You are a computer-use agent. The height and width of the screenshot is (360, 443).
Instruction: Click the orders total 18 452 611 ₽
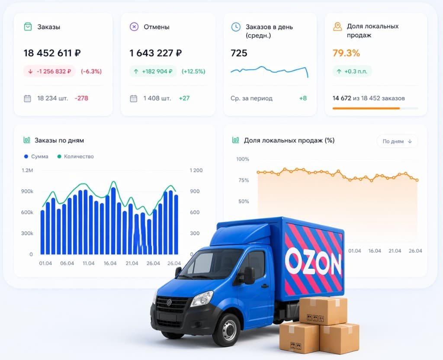tap(52, 53)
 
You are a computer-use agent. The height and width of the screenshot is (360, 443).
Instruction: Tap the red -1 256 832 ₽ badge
tap(50, 71)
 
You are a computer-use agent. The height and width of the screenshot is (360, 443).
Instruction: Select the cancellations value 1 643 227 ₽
tap(156, 53)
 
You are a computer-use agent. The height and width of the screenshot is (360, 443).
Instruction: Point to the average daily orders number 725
tap(239, 53)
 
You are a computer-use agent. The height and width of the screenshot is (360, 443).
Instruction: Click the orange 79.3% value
tap(346, 53)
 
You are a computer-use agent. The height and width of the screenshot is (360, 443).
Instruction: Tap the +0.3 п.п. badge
tap(352, 71)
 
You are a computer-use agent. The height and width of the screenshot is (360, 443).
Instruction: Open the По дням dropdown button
tap(397, 141)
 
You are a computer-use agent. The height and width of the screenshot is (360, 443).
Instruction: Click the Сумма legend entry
tap(36, 156)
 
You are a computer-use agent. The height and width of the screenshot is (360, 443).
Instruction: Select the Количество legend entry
tap(75, 156)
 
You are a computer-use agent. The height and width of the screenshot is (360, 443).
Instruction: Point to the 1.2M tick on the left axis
tap(27, 170)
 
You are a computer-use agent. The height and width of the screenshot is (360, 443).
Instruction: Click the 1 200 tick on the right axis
tap(196, 170)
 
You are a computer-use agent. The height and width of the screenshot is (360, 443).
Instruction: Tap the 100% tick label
tap(243, 159)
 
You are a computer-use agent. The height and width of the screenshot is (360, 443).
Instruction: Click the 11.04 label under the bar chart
tap(88, 263)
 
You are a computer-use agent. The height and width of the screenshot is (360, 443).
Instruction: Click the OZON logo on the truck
tap(313, 261)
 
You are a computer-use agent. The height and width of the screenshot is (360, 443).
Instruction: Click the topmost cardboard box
tap(323, 310)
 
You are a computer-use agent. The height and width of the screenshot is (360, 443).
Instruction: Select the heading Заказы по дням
tap(59, 140)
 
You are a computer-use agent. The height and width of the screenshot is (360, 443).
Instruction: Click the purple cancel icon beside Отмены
tap(134, 27)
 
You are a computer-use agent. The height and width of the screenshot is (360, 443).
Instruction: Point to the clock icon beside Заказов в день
tap(235, 27)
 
